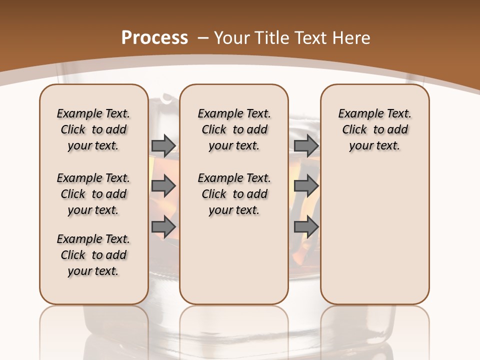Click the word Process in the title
tap(154, 37)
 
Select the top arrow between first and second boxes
tap(163, 145)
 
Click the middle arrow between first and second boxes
tap(163, 186)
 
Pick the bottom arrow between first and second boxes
tap(163, 227)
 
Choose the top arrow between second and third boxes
tap(306, 145)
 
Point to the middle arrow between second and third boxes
tap(306, 186)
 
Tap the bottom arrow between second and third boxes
tap(306, 227)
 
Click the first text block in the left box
tap(93, 129)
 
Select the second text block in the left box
tap(93, 194)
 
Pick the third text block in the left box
tap(93, 255)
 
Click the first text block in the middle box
tap(234, 129)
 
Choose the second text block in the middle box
tap(234, 194)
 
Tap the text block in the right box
tap(374, 129)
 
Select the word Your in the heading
tap(232, 37)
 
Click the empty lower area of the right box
tap(374, 235)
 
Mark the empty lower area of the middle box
tap(234, 260)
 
